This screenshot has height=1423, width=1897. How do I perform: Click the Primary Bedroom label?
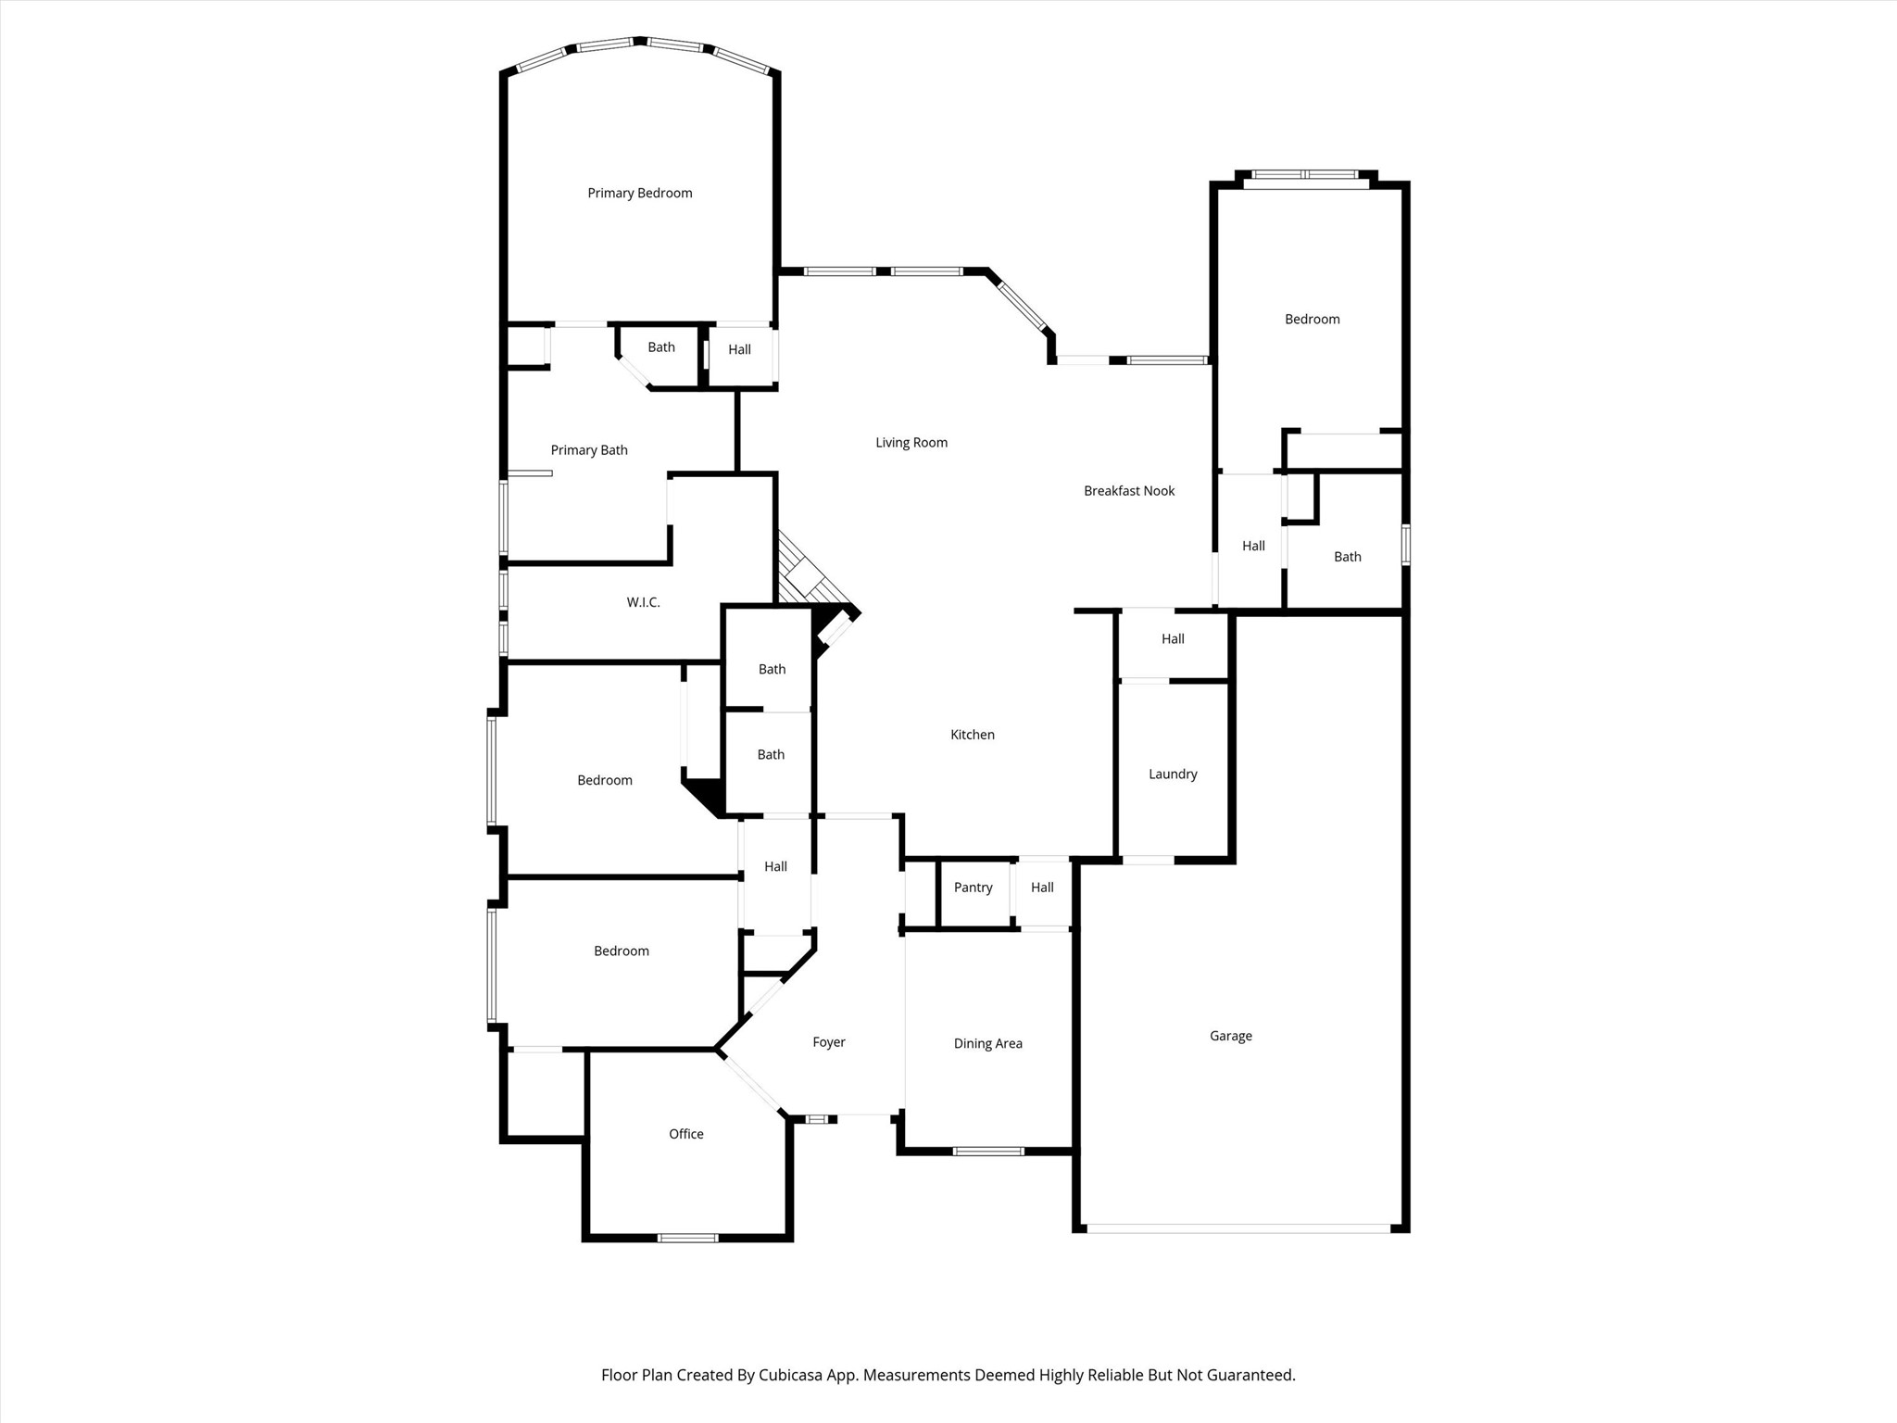coord(639,193)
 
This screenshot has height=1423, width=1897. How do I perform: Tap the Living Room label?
coord(911,443)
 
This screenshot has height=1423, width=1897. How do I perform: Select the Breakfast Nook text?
coord(1128,491)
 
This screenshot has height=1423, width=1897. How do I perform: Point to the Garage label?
coord(1230,1036)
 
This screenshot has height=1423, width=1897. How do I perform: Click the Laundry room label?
coord(1173,774)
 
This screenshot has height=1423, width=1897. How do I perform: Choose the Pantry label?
coord(973,888)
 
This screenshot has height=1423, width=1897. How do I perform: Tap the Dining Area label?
coord(987,1043)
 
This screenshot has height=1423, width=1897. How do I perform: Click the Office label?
coord(685,1134)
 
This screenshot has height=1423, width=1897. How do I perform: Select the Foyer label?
coord(828,1042)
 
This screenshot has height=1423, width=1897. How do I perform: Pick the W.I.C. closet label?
coord(643,602)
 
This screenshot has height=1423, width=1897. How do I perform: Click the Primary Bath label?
coord(589,450)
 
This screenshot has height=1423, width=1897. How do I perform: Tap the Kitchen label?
coord(972,735)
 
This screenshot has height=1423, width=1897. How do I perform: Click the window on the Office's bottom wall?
coord(687,1238)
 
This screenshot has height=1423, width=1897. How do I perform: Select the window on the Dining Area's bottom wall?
coord(988,1152)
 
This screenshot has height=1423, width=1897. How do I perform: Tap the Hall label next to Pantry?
coord(1042,888)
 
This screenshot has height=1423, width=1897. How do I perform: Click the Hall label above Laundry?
coord(1173,639)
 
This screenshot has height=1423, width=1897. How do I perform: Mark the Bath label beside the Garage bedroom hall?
coord(1347,557)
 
